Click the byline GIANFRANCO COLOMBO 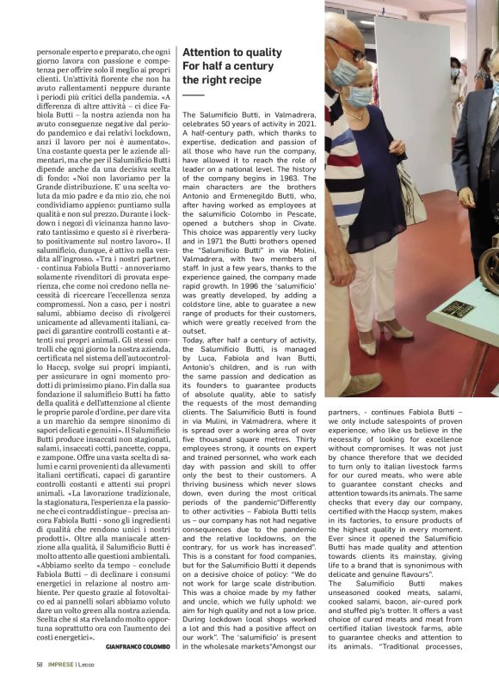tap(133, 646)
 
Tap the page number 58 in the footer tap(40, 664)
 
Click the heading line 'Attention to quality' tap(231, 52)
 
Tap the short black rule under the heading tap(194, 95)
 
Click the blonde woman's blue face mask tap(360, 94)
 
